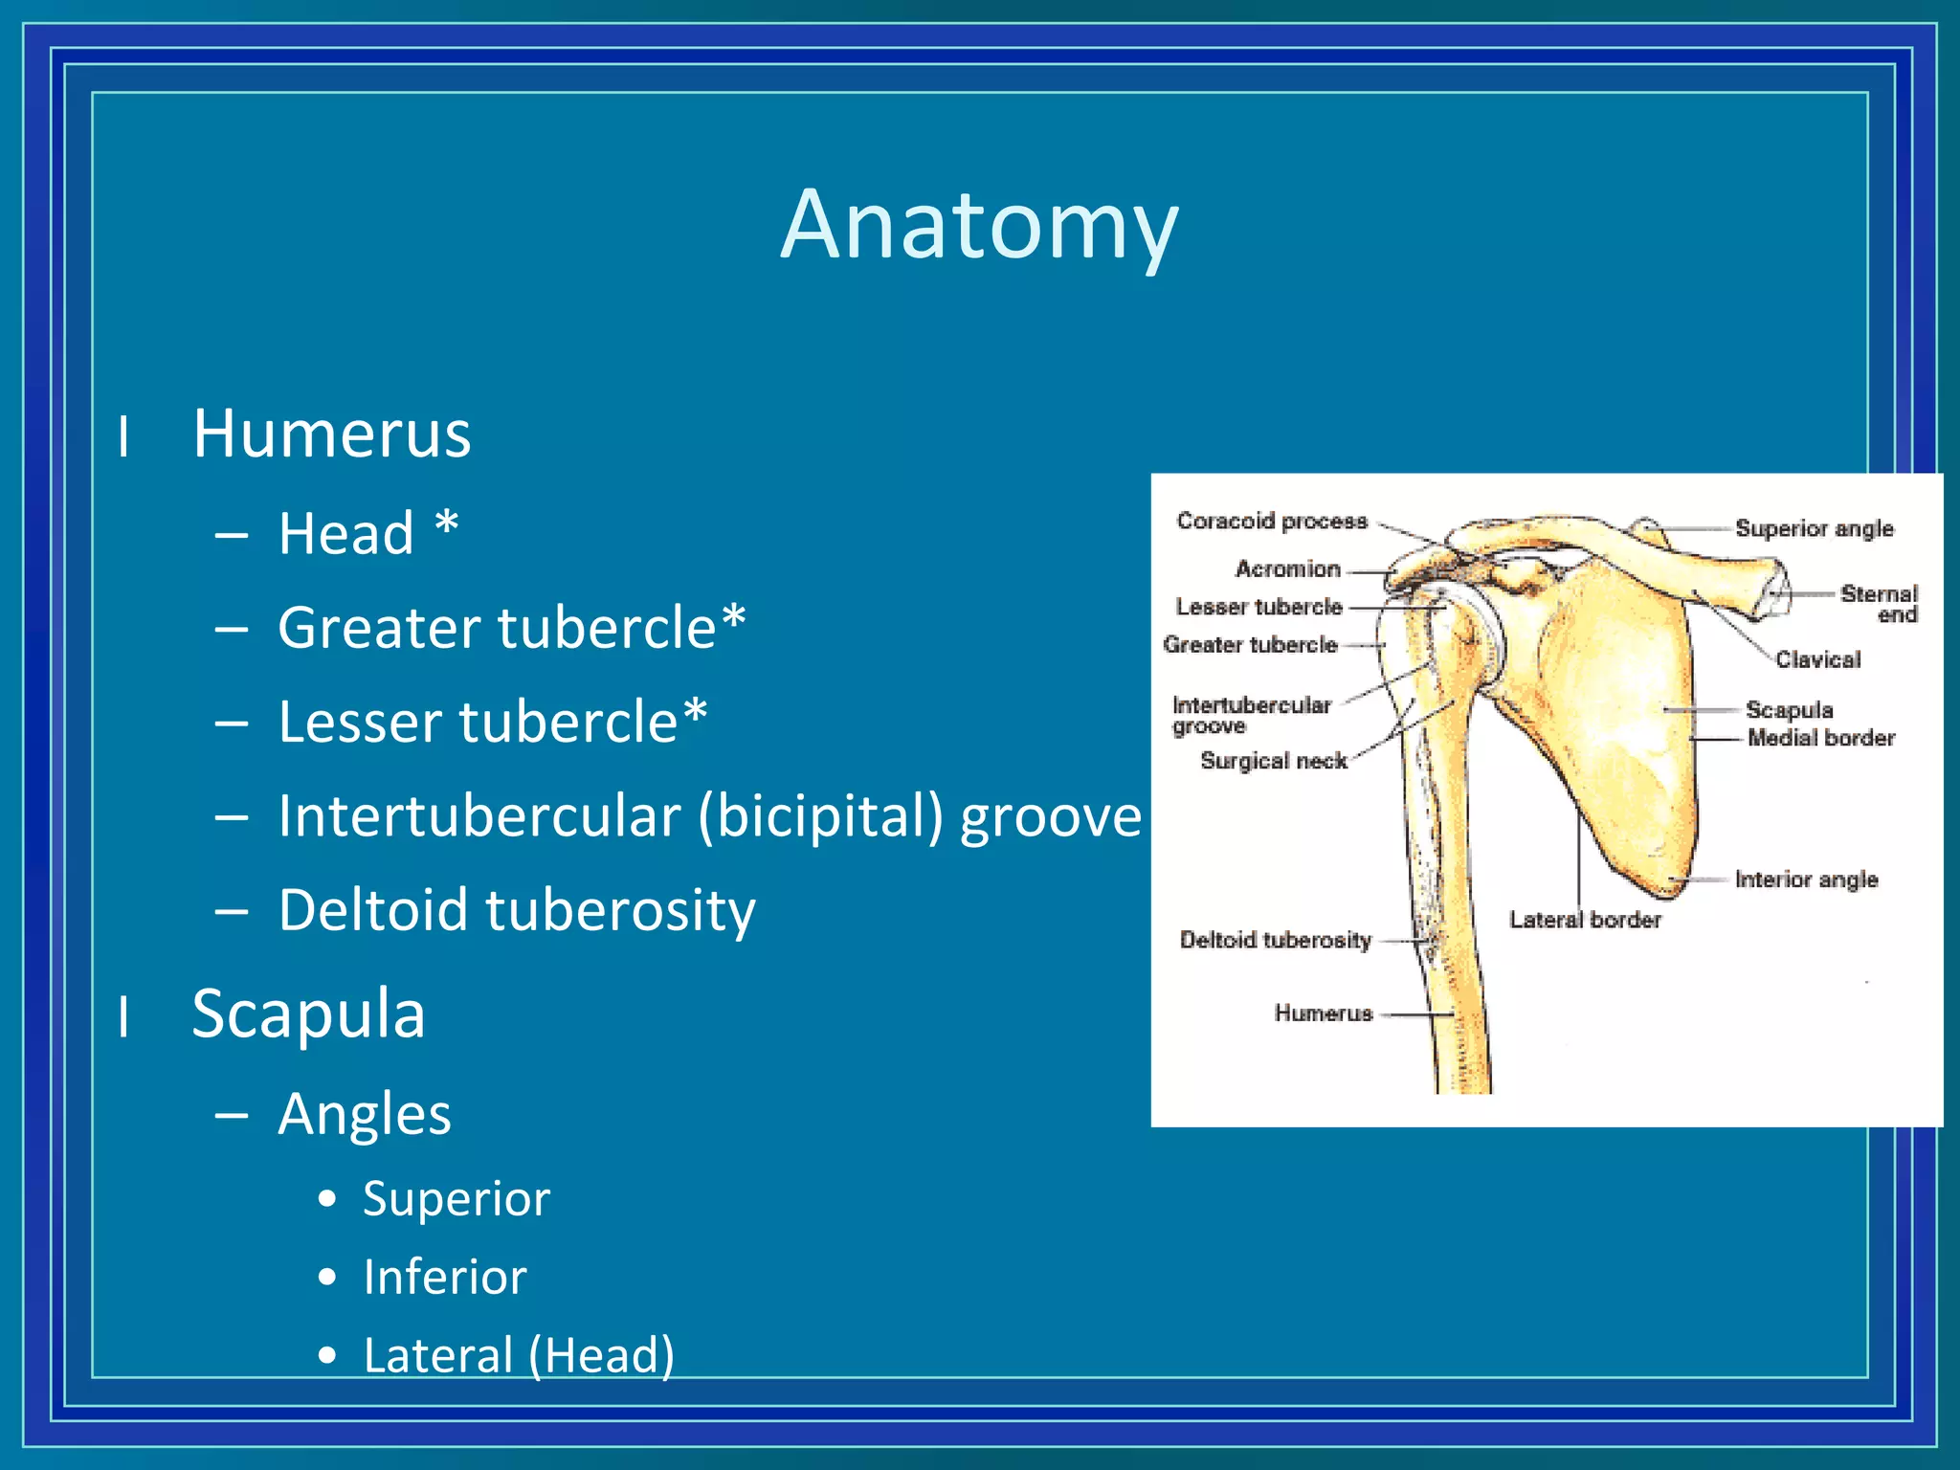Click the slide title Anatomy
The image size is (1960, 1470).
pyautogui.click(x=979, y=226)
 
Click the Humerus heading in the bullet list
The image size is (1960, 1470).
pyautogui.click(x=331, y=434)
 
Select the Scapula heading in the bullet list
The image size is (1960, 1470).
pyautogui.click(x=308, y=1013)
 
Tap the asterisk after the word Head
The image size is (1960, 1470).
pyautogui.click(x=446, y=527)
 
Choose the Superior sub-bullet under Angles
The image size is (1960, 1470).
pyautogui.click(x=457, y=1198)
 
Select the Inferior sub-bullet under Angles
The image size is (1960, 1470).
pyautogui.click(x=445, y=1277)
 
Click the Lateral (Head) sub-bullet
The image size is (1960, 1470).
pyautogui.click(x=519, y=1355)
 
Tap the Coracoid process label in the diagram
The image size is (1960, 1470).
pyautogui.click(x=1272, y=521)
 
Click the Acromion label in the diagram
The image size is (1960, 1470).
pyautogui.click(x=1287, y=568)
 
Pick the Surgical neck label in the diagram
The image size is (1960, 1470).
pyautogui.click(x=1274, y=761)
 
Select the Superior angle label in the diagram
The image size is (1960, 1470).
pyautogui.click(x=1814, y=528)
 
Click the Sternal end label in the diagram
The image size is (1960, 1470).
pyautogui.click(x=1879, y=603)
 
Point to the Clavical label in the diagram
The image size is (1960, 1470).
pyautogui.click(x=1817, y=659)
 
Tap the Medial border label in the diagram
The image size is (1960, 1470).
pyautogui.click(x=1820, y=738)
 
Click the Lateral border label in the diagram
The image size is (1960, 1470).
pyautogui.click(x=1585, y=920)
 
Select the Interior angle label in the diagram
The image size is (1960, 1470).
pyautogui.click(x=1806, y=879)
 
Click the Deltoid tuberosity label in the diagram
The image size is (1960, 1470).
pyautogui.click(x=1275, y=940)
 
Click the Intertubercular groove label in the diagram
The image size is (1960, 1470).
pyautogui.click(x=1251, y=715)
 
